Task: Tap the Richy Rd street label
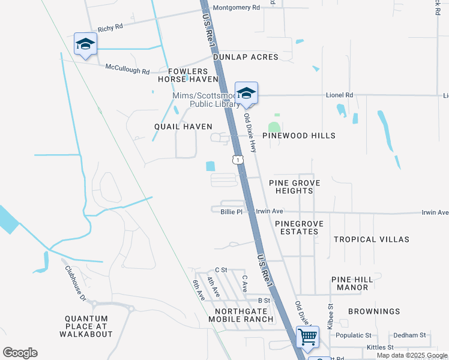point(110,28)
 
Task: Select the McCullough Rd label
point(127,70)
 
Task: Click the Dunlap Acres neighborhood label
point(246,57)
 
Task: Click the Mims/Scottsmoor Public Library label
point(205,100)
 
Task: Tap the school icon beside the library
point(246,93)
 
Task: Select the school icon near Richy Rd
point(85,44)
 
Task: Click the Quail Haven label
point(183,127)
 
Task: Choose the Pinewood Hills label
point(298,136)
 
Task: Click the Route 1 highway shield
point(238,160)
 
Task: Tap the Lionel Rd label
point(340,95)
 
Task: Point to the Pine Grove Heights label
point(294,187)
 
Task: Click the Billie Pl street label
point(231,212)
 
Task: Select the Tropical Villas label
point(372,239)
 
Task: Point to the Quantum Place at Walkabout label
point(88,326)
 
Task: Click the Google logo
point(20,353)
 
